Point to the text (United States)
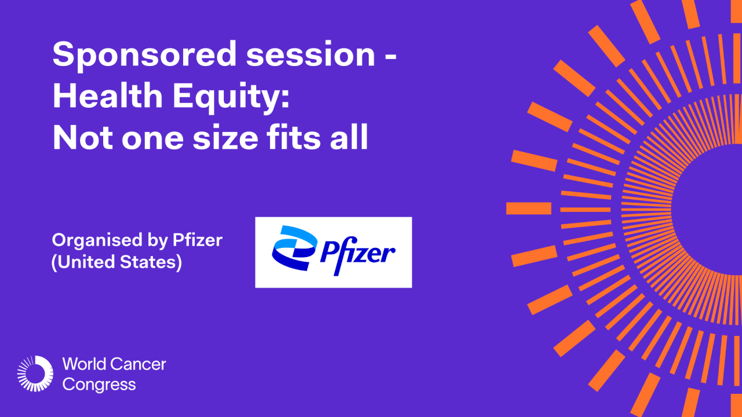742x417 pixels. point(117,262)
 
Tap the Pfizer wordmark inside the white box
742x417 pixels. point(358,253)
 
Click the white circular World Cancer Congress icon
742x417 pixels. point(35,374)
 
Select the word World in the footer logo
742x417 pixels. point(85,364)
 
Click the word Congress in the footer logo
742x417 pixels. point(99,385)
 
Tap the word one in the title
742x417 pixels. point(144,140)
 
